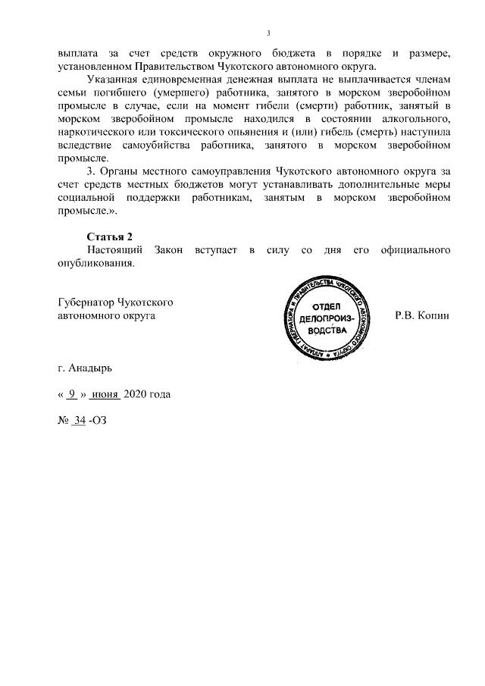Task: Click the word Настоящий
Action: (x=113, y=251)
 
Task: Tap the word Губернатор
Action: (x=87, y=302)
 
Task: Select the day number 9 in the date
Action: (x=71, y=395)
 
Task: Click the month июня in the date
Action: (x=105, y=395)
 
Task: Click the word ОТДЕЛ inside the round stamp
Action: (x=326, y=306)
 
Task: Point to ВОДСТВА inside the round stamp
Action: (x=326, y=332)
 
